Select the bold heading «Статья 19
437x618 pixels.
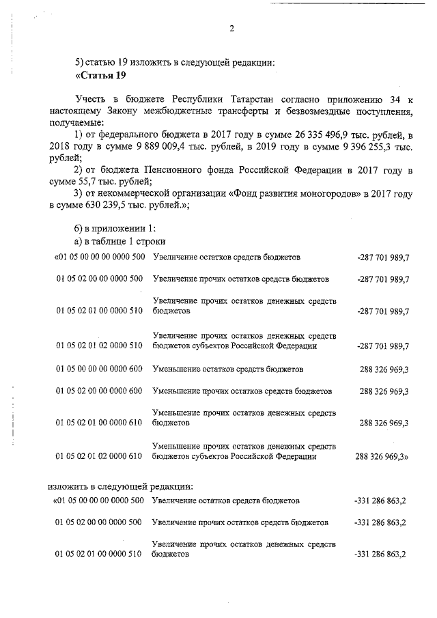100,74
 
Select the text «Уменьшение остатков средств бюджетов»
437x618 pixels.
228,369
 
